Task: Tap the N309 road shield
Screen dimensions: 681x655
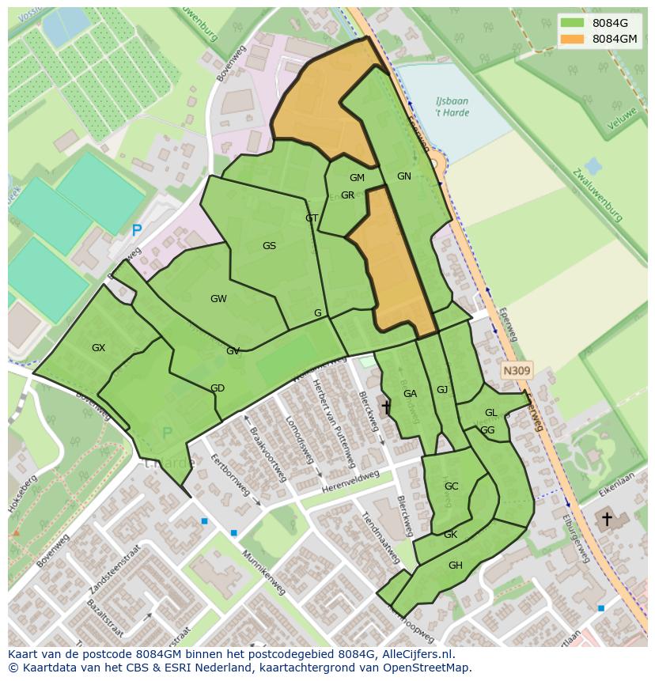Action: [517, 370]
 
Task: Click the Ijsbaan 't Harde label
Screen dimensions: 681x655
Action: [452, 107]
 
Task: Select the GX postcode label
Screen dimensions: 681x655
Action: [98, 348]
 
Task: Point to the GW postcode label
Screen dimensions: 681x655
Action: [218, 299]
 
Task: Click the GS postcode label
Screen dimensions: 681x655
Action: [269, 246]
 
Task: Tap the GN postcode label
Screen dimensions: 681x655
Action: [404, 176]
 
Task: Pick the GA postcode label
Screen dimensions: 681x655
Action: [410, 394]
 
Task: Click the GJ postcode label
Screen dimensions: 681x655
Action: [442, 389]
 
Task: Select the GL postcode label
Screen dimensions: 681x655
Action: [491, 413]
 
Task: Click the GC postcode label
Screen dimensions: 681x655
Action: [451, 486]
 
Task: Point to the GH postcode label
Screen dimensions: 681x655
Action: [455, 566]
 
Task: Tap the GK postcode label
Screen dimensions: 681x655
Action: [450, 535]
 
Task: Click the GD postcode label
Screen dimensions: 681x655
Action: [218, 388]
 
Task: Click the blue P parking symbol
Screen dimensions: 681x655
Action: [137, 231]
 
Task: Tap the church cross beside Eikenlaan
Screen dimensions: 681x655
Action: [607, 519]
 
